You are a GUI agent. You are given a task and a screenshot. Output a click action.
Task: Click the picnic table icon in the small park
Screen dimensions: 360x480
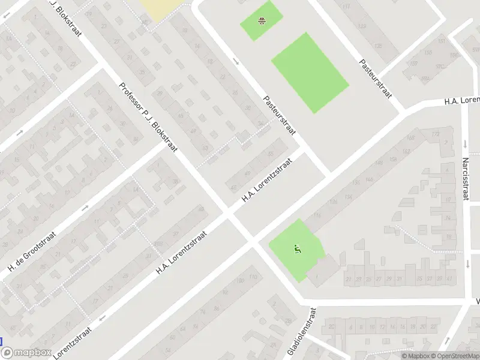(x=262, y=21)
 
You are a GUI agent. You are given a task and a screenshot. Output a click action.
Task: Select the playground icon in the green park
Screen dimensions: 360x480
(x=296, y=248)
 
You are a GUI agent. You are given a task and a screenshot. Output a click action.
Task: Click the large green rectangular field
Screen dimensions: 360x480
(x=310, y=72)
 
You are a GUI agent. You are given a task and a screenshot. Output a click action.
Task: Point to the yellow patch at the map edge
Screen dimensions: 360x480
(x=160, y=9)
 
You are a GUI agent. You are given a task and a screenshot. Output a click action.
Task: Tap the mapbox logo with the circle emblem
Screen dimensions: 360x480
(x=29, y=353)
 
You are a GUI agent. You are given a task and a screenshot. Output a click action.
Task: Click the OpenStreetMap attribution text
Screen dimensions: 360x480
(x=453, y=356)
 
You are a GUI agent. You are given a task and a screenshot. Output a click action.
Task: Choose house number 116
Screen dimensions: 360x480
(x=316, y=215)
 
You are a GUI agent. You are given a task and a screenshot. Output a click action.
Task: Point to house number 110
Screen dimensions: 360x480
(x=253, y=277)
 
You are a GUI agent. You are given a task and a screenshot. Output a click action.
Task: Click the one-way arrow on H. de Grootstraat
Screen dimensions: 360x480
(x=85, y=207)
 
